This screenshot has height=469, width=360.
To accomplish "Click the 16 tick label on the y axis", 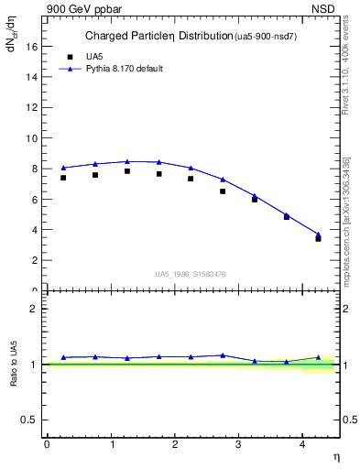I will click(x=34, y=46).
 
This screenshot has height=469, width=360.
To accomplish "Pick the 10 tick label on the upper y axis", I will click(x=34, y=137).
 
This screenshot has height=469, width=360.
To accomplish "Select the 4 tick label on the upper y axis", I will click(x=37, y=229).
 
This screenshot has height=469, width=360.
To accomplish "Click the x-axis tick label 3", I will click(x=238, y=444).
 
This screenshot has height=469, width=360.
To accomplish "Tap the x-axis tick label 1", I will click(x=111, y=444).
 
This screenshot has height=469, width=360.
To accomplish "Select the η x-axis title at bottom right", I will click(x=335, y=456).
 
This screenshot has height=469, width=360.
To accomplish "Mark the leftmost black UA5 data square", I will click(x=63, y=178).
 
